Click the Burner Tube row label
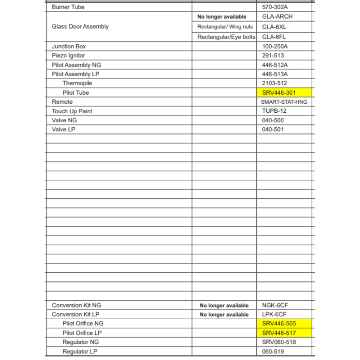(68, 7)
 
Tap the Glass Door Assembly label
(80, 27)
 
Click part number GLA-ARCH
(277, 17)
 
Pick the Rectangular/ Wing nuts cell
(225, 27)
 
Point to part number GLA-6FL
(274, 37)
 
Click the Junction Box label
(69, 46)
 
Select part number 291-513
(273, 55)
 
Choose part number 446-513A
(275, 74)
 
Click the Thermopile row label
(77, 83)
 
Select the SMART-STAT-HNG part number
(284, 102)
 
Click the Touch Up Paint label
(72, 111)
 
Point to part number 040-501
(273, 130)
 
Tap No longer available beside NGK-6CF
(224, 306)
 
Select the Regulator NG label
(80, 342)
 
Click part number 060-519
(273, 351)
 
